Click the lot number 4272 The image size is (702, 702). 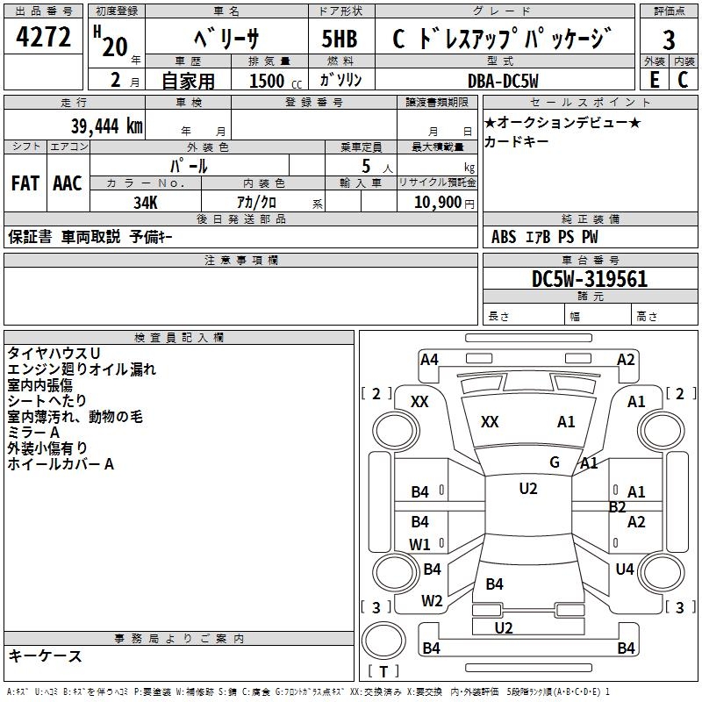[x=43, y=38]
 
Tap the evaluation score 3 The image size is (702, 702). [x=669, y=39]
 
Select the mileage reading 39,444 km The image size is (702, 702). [x=106, y=126]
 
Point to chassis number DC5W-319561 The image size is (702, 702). [x=590, y=280]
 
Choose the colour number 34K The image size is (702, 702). [x=146, y=202]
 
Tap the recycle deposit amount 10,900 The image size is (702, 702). [x=436, y=202]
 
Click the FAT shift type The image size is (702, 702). [x=25, y=183]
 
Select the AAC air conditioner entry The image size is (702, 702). [x=67, y=183]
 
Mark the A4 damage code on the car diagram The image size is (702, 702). [x=429, y=359]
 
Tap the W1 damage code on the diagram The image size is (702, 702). [x=420, y=544]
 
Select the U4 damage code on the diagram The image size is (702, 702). [x=625, y=569]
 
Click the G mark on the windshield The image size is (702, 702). [x=555, y=462]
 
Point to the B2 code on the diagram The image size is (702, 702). [x=618, y=506]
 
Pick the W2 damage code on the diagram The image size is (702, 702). [x=432, y=601]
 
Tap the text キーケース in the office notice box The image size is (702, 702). [x=46, y=655]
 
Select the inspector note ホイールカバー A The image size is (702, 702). [x=61, y=464]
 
